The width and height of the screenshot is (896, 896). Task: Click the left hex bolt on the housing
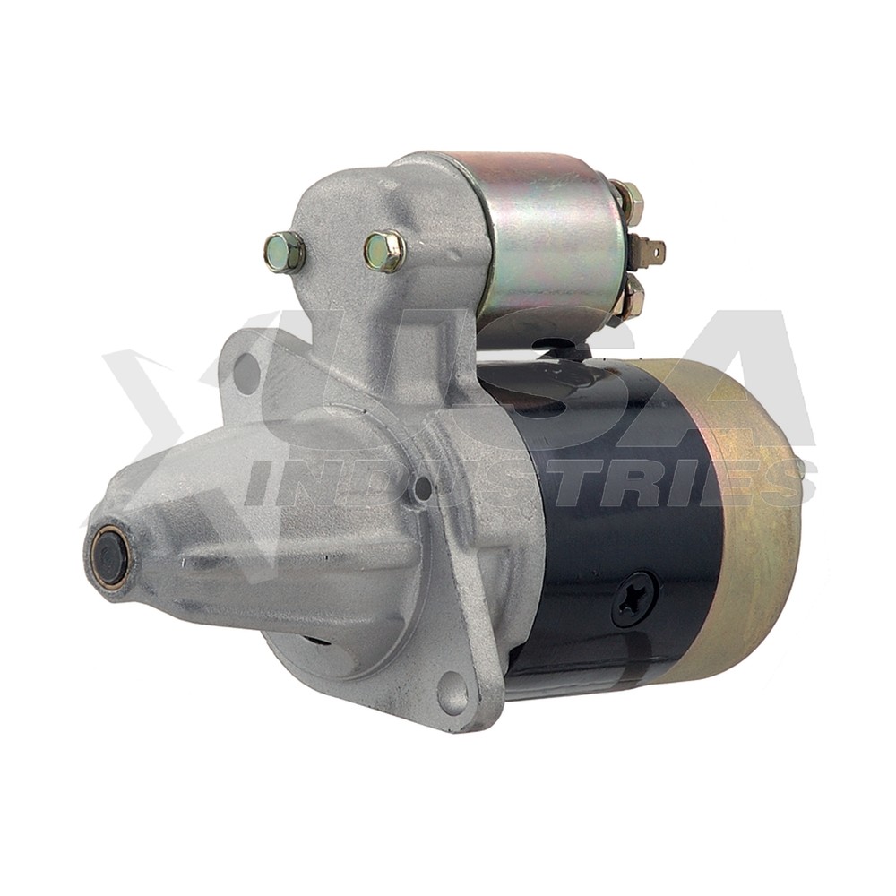pos(285,252)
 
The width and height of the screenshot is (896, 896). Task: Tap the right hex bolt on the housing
pos(384,250)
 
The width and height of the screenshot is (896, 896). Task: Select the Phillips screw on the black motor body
pos(634,599)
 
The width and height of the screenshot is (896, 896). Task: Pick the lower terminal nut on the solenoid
pos(629,297)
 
